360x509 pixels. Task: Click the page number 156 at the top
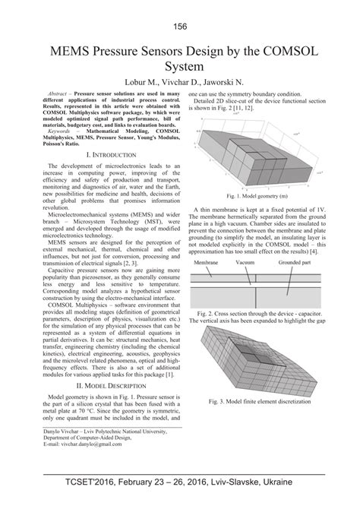point(180,27)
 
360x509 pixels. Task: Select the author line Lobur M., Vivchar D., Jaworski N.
point(180,81)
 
